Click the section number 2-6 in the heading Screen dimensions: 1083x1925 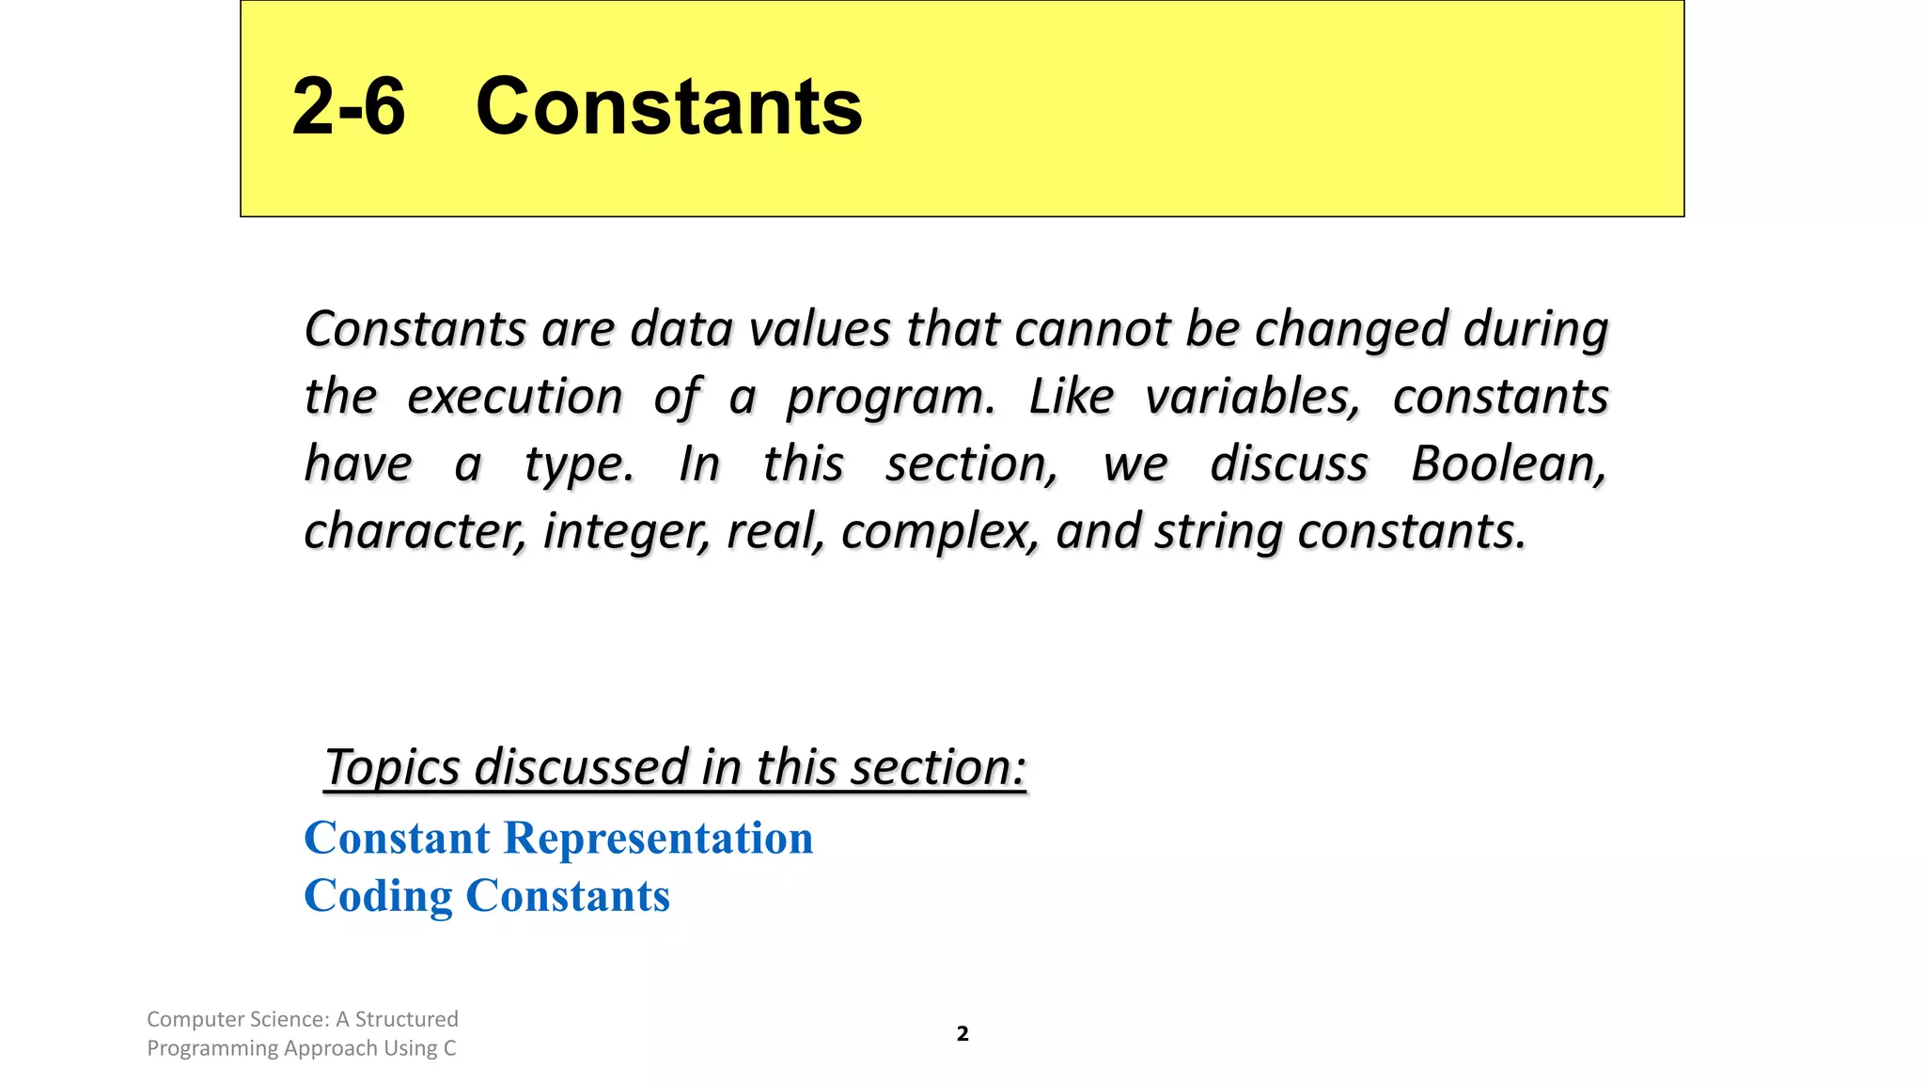(348, 106)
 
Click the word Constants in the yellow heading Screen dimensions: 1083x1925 (668, 106)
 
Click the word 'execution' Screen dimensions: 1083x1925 (514, 397)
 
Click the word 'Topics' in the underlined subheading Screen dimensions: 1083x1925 (392, 768)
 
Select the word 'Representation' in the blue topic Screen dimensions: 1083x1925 (658, 838)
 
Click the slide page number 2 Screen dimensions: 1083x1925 (962, 1034)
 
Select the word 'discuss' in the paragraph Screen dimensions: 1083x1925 (1289, 464)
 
